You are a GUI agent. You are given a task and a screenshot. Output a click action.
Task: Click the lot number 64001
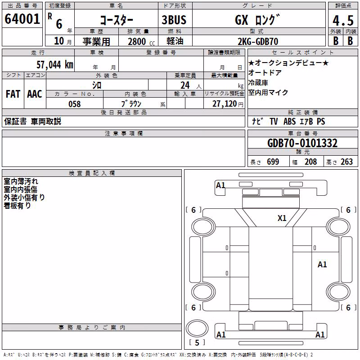point(22,19)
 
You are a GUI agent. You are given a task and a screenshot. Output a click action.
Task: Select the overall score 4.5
point(343,21)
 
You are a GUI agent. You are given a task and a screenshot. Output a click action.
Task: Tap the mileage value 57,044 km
point(55,64)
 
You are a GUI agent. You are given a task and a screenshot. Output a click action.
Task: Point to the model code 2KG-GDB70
point(258,41)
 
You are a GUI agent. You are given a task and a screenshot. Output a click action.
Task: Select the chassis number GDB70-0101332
point(302,143)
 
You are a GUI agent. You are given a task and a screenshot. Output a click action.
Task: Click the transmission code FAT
point(13,94)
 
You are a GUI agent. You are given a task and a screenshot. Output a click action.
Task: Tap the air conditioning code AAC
point(35,94)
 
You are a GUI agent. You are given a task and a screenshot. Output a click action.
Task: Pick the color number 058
point(75,104)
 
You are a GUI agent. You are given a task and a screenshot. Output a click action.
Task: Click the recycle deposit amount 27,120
point(225,104)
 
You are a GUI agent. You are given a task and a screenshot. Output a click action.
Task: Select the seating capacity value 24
point(185,85)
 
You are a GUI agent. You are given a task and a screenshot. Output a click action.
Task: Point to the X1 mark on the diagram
point(282,218)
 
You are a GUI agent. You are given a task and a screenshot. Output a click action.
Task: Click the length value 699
point(273,162)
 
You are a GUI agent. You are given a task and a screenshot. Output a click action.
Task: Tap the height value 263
point(346,162)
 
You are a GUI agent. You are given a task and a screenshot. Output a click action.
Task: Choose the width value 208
point(310,162)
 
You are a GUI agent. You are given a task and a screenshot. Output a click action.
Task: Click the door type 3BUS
point(174,20)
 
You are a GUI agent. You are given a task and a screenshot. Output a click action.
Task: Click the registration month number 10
point(59,41)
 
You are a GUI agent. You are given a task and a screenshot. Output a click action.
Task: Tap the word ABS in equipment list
point(289,121)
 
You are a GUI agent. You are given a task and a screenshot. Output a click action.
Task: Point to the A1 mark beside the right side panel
point(322,265)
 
